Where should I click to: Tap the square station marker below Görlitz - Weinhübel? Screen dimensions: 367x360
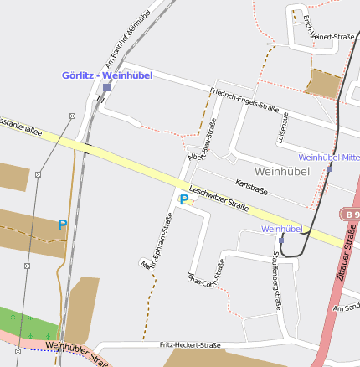106,87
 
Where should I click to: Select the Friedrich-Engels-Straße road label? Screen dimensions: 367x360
244,101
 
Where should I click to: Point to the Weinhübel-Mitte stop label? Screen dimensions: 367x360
328,157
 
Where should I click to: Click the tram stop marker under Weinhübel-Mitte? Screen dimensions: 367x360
329,168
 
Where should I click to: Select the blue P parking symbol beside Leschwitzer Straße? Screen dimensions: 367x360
184,200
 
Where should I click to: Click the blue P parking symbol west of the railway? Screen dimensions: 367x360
62,225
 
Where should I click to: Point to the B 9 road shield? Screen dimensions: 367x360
351,215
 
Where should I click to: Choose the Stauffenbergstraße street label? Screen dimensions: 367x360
275,280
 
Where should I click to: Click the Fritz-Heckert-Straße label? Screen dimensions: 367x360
189,344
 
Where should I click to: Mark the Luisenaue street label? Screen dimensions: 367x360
282,126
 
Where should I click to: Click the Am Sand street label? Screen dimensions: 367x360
346,308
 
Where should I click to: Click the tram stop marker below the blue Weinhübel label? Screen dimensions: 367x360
281,239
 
